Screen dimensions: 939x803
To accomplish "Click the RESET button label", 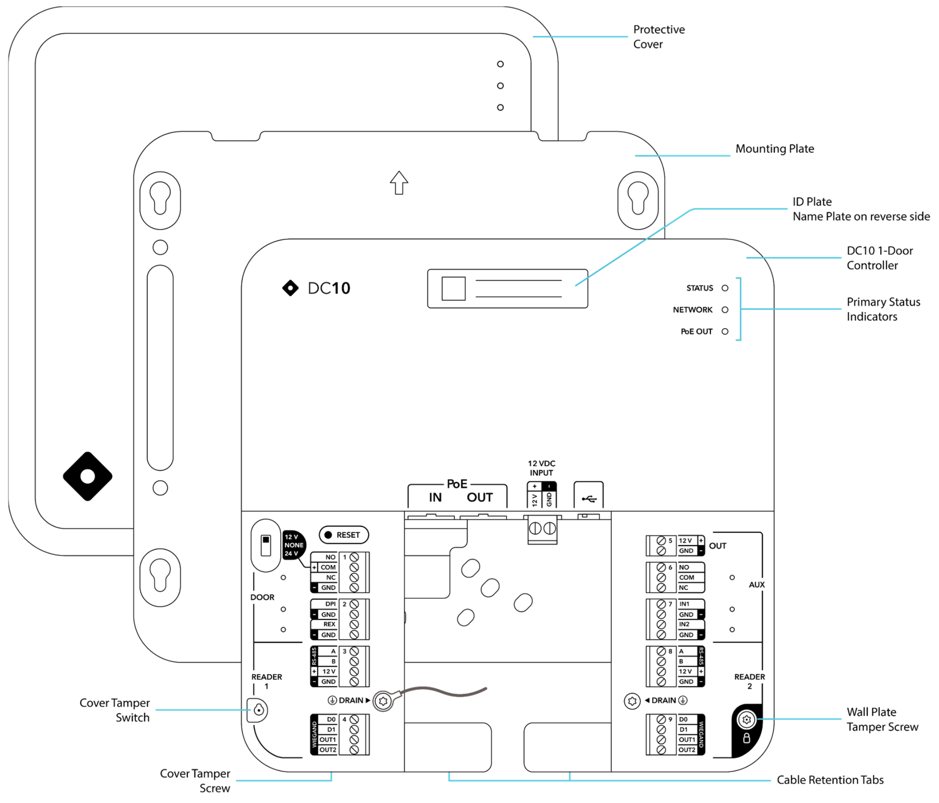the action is tap(348, 535).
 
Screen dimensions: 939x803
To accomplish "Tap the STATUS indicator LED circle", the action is tap(725, 288).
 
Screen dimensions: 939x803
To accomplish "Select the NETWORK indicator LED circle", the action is tap(725, 310).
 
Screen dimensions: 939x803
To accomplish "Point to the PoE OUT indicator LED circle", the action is tap(725, 331).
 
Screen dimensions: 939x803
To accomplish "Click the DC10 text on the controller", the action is tap(329, 288).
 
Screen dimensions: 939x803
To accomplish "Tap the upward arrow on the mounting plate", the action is tap(399, 183).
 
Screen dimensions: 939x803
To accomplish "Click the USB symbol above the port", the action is tap(589, 499).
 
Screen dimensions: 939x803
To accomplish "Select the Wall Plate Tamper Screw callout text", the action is tap(882, 719).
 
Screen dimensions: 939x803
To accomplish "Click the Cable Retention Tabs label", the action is tap(830, 780).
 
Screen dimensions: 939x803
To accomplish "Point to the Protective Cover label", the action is tap(659, 37).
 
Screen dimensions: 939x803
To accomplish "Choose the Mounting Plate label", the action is tap(775, 149).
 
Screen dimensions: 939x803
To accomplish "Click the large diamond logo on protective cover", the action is tap(88, 476).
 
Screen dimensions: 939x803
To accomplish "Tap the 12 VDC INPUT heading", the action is tap(542, 468).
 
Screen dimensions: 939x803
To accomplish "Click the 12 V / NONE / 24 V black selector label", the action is tap(293, 545).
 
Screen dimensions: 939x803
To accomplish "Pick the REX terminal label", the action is tap(329, 625).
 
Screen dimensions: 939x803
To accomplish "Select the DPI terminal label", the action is tap(330, 604).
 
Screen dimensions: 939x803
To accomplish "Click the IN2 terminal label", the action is tap(684, 624).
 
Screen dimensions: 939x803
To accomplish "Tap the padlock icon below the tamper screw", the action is tap(746, 738).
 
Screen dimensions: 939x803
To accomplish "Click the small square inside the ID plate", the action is tap(453, 289).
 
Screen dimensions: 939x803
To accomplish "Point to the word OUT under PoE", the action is tap(480, 497).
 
